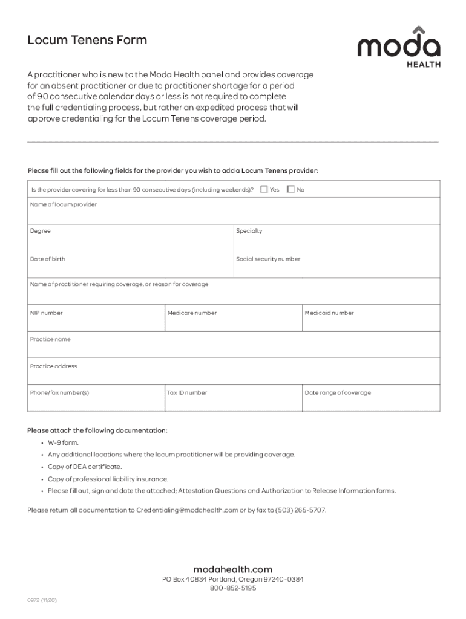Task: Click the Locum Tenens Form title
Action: pyautogui.click(x=87, y=41)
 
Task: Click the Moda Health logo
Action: pyautogui.click(x=398, y=47)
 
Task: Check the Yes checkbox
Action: pyautogui.click(x=264, y=189)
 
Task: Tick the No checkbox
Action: pyautogui.click(x=290, y=189)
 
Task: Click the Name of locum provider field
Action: pyautogui.click(x=234, y=212)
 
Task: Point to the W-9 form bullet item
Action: pyautogui.click(x=63, y=442)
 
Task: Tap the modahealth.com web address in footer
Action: pyautogui.click(x=233, y=569)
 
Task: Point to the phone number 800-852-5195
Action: pyautogui.click(x=233, y=588)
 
